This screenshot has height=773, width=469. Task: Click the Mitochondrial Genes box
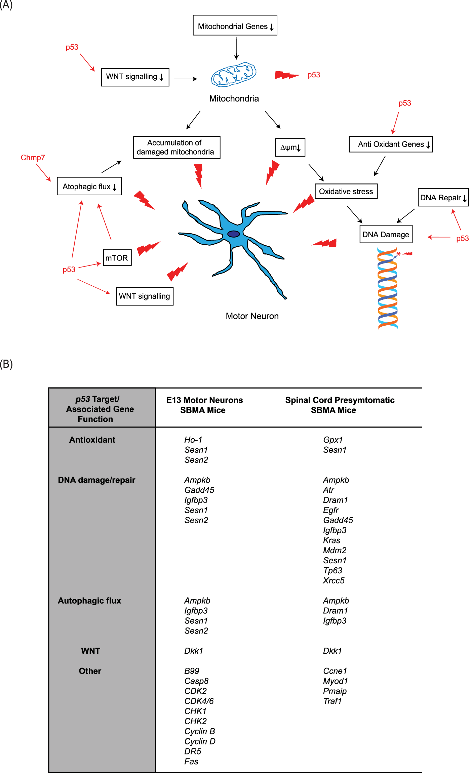[x=235, y=25]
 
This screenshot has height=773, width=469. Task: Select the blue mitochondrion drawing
[x=234, y=74]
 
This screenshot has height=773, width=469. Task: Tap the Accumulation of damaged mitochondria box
[x=177, y=147]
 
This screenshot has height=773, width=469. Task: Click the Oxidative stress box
[x=346, y=191]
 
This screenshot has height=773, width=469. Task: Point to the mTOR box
[x=117, y=258]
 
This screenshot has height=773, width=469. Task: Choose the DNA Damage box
[x=386, y=234]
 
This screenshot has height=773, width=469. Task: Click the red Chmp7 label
[x=33, y=158]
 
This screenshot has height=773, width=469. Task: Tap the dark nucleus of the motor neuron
[x=233, y=234]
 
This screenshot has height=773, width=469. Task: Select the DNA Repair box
[x=443, y=197]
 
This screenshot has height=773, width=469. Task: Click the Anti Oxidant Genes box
[x=391, y=144]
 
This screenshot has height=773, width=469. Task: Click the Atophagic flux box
[x=89, y=186]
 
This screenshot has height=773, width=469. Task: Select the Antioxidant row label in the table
[x=92, y=440]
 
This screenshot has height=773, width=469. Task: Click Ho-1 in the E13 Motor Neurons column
[x=193, y=440]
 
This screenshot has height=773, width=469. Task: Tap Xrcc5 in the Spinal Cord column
[x=334, y=580]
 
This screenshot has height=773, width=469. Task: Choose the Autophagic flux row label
[x=89, y=601]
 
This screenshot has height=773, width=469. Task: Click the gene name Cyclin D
[x=200, y=741]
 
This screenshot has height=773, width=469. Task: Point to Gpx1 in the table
[x=333, y=440]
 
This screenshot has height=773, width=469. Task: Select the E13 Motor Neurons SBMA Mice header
[x=204, y=405]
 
